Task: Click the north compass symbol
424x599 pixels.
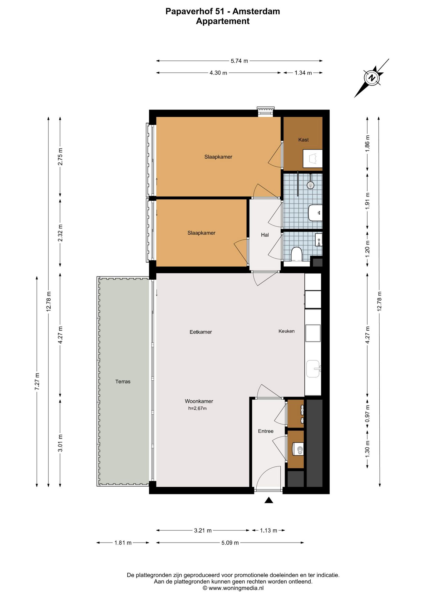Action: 372,78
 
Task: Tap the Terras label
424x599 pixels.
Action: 123,381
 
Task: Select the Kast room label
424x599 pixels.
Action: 303,140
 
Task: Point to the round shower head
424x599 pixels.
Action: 310,185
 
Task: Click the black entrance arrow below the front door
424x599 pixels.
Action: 269,500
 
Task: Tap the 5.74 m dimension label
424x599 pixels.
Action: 239,61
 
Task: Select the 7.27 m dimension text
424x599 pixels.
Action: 37,381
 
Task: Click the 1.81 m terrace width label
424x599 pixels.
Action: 123,543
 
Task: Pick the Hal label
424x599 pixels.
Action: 265,235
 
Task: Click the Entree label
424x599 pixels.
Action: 266,431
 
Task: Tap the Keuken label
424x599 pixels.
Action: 287,331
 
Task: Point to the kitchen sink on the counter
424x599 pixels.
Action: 313,369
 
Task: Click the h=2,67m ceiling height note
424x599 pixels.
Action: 197,408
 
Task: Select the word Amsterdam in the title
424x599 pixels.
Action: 256,12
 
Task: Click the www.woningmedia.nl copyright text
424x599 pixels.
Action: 233,588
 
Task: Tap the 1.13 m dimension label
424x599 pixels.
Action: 269,530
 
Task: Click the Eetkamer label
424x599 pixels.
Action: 201,332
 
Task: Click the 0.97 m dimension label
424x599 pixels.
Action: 367,414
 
